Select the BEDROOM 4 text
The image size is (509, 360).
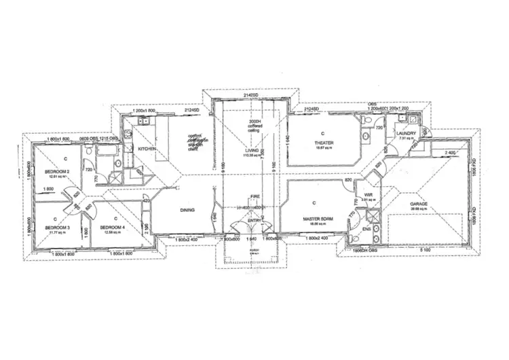click(111, 227)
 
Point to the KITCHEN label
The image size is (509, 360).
click(148, 148)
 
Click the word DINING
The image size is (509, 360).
click(188, 211)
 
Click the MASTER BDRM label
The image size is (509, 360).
click(316, 218)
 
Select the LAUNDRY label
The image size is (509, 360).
click(406, 134)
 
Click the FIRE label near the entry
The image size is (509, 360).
click(255, 196)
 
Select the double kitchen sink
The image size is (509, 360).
click(143, 123)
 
